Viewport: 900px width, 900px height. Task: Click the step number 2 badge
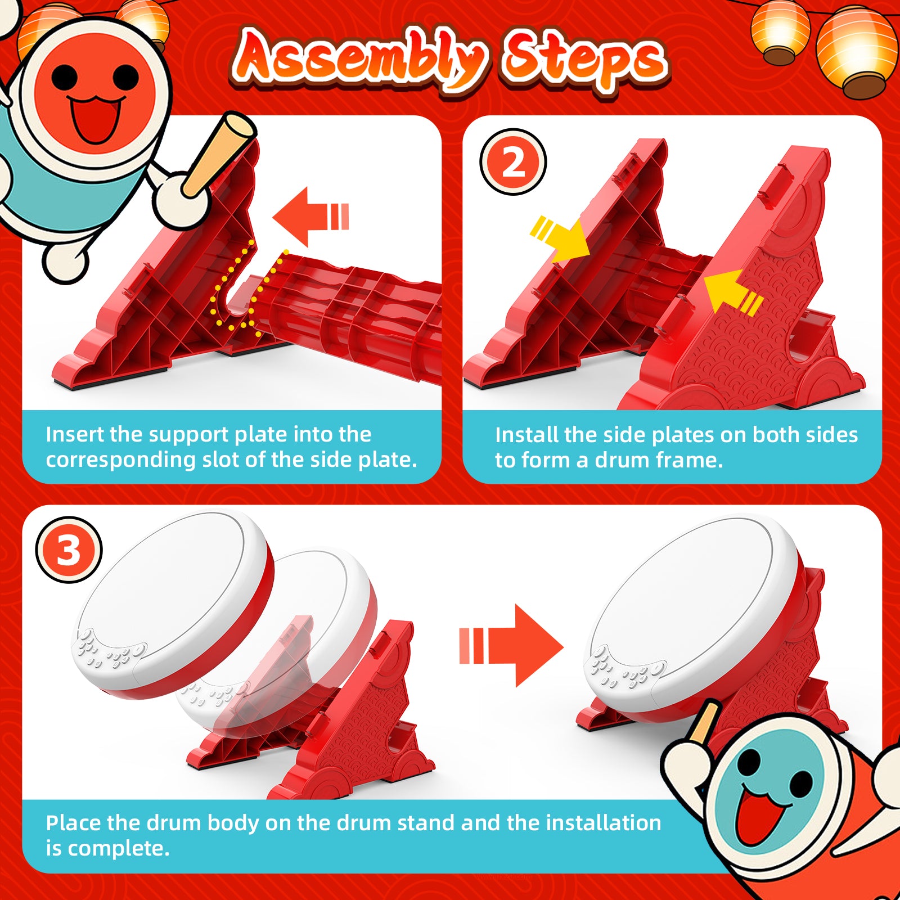[513, 162]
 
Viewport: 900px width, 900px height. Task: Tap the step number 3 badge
[69, 550]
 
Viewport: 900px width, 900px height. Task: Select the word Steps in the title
[585, 61]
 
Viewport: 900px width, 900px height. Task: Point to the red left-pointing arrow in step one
[310, 217]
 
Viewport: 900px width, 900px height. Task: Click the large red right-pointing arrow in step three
[511, 646]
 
